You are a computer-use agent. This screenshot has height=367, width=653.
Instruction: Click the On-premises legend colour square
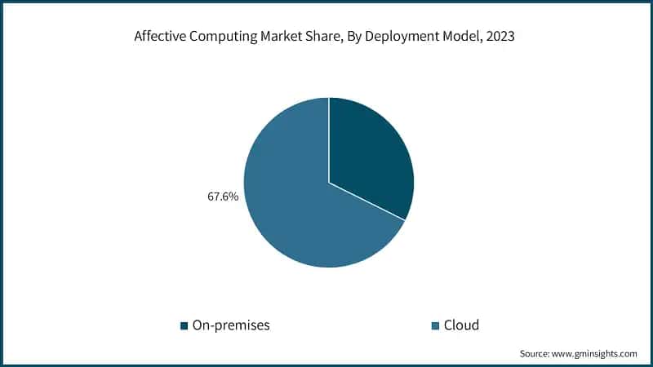point(184,326)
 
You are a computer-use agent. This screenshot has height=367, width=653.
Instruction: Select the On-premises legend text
point(230,325)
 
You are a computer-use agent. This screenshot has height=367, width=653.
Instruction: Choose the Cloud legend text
point(461,325)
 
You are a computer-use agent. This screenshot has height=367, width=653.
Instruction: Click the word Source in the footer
point(535,354)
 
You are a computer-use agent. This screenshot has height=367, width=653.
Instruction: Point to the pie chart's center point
point(329,183)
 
